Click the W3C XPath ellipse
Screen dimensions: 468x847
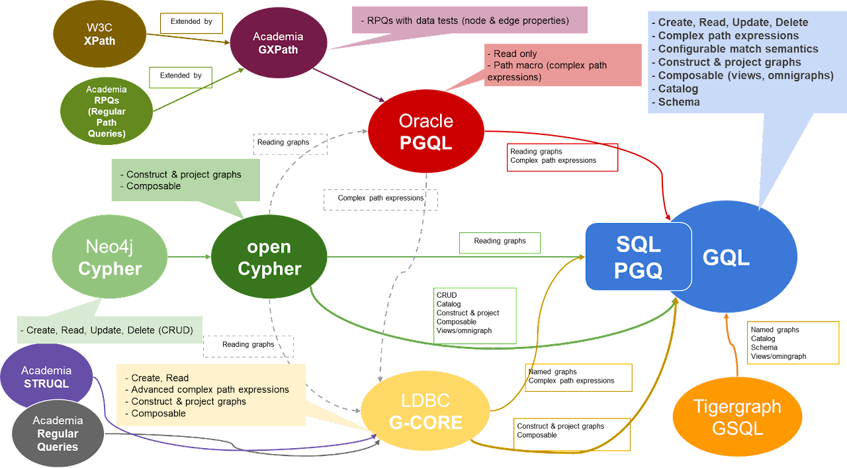pyautogui.click(x=100, y=34)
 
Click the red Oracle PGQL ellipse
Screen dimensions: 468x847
pyautogui.click(x=425, y=130)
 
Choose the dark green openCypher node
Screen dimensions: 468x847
pyautogui.click(x=269, y=257)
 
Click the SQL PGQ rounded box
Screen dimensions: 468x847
pyautogui.click(x=638, y=256)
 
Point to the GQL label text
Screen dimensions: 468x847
pyautogui.click(x=726, y=257)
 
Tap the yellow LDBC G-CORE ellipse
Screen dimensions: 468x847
pyautogui.click(x=425, y=411)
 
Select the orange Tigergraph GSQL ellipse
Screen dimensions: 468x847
pyautogui.click(x=737, y=416)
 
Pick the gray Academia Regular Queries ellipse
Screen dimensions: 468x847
pyautogui.click(x=58, y=434)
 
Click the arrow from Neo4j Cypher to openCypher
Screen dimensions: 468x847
pyautogui.click(x=189, y=256)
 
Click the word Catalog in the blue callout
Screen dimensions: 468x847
pyautogui.click(x=678, y=88)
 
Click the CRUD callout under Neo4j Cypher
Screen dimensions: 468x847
pyautogui.click(x=110, y=330)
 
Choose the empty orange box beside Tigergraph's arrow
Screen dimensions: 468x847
pyautogui.click(x=793, y=343)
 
